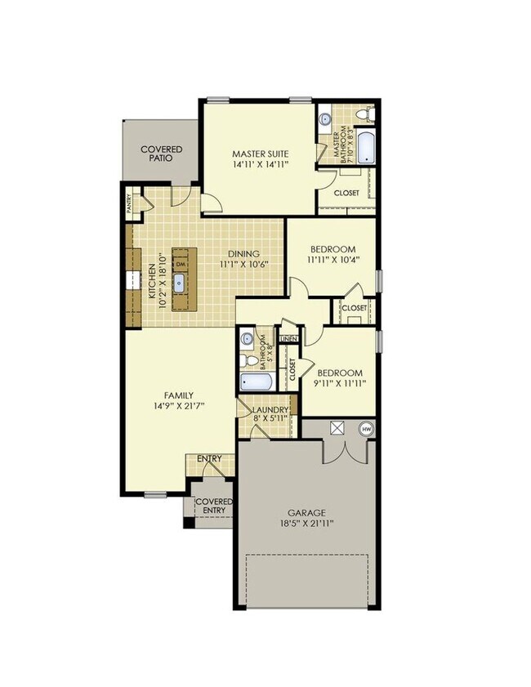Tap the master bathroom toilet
(x=368, y=116)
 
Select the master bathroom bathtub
(x=364, y=148)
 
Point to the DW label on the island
(x=181, y=265)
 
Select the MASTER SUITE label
(x=261, y=154)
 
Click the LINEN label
(x=288, y=338)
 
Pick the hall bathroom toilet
(x=246, y=359)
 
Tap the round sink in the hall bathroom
(x=246, y=337)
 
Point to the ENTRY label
(x=209, y=459)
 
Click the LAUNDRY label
(x=270, y=410)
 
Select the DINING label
(x=244, y=253)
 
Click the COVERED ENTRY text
(x=216, y=506)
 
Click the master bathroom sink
(x=324, y=117)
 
